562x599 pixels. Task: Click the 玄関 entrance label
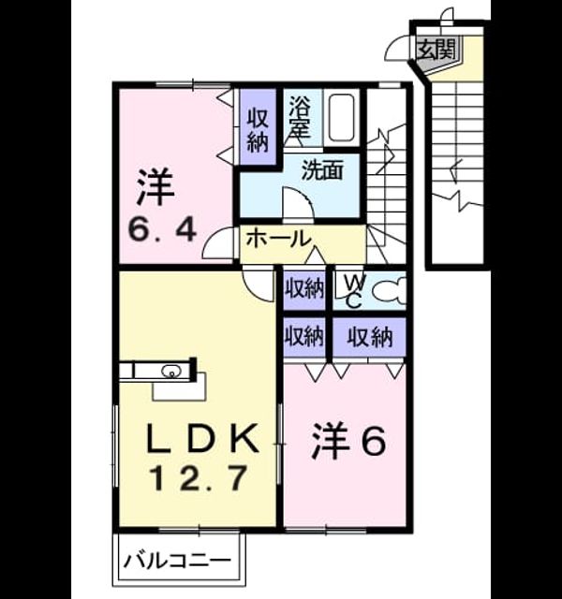[x=436, y=49]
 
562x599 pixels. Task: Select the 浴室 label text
[x=299, y=116]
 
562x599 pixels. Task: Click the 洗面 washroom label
[x=322, y=170]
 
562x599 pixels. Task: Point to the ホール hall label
[x=278, y=240]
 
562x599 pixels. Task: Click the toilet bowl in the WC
[x=389, y=291]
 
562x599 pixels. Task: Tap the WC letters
[x=353, y=291]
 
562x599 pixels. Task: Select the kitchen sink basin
[x=170, y=371]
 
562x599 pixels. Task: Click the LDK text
[x=202, y=439]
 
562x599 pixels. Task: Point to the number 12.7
[x=199, y=478]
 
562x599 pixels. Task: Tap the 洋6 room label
[x=348, y=441]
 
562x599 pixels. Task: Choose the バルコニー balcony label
[x=178, y=562]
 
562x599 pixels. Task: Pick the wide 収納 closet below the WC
[x=370, y=337]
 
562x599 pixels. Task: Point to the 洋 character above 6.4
[x=155, y=187]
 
